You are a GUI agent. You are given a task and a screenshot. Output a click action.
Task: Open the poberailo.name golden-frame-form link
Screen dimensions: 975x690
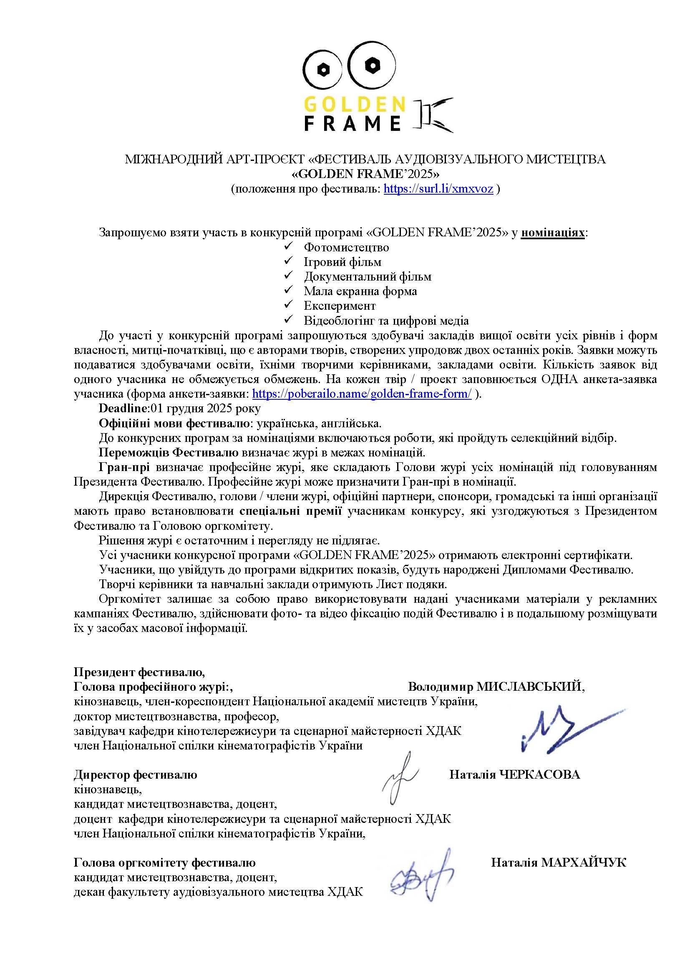click(362, 394)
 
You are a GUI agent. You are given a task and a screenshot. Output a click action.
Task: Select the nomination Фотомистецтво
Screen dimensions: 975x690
click(346, 247)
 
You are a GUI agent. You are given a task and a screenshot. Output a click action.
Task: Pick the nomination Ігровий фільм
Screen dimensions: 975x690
click(342, 262)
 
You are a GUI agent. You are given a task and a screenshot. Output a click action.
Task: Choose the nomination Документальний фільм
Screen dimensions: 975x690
click(368, 276)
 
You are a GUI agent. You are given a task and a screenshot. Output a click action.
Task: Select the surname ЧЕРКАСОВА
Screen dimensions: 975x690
click(538, 774)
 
